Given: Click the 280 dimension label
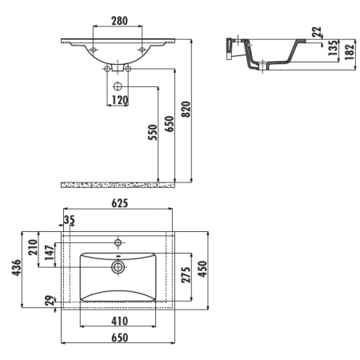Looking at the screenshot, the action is pyautogui.click(x=119, y=21).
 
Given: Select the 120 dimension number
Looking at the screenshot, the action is pyautogui.click(x=120, y=100).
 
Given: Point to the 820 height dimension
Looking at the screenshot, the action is pyautogui.click(x=186, y=109).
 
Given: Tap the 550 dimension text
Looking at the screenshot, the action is pyautogui.click(x=153, y=132).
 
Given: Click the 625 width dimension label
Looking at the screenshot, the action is pyautogui.click(x=120, y=203).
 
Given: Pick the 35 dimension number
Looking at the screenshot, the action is pyautogui.click(x=70, y=220).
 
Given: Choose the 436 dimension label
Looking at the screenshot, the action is pyautogui.click(x=16, y=267).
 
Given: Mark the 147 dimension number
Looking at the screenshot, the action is pyautogui.click(x=50, y=253).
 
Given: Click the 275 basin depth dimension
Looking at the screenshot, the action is pyautogui.click(x=186, y=274).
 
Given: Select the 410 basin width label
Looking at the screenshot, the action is pyautogui.click(x=120, y=321).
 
